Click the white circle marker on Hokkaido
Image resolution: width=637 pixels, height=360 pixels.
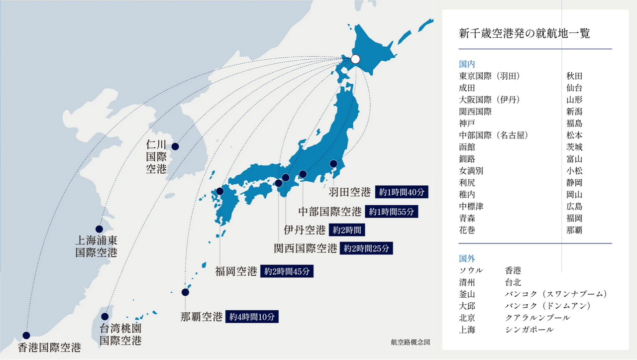pyautogui.click(x=355, y=59)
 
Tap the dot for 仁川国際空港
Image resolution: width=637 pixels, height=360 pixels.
pyautogui.click(x=175, y=146)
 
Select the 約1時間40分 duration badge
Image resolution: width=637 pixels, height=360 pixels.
pyautogui.click(x=402, y=192)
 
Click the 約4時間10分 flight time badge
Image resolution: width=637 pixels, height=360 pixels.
pyautogui.click(x=252, y=317)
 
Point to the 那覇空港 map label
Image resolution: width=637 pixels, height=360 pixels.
pyautogui.click(x=201, y=317)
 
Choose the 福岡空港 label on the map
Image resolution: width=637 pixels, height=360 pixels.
pyautogui.click(x=236, y=271)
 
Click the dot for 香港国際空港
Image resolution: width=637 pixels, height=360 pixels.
pyautogui.click(x=26, y=336)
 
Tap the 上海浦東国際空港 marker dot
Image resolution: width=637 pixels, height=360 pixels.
pyautogui.click(x=99, y=229)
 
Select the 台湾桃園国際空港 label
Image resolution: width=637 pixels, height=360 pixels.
pyautogui.click(x=120, y=335)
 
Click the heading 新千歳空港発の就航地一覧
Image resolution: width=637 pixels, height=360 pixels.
pyautogui.click(x=524, y=34)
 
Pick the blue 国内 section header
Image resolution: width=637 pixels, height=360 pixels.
pyautogui.click(x=467, y=64)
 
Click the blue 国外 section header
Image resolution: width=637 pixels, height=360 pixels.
pyautogui.click(x=467, y=258)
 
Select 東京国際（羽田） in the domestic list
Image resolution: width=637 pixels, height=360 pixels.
pyautogui.click(x=489, y=76)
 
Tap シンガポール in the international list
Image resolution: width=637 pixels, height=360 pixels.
pyautogui.click(x=529, y=330)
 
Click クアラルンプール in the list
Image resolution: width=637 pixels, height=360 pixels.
pyautogui.click(x=537, y=318)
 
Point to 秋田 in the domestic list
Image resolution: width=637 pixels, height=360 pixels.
pyautogui.click(x=574, y=76)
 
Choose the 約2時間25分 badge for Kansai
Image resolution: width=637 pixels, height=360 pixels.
pyautogui.click(x=366, y=248)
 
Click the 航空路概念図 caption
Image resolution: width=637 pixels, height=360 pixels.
pyautogui.click(x=410, y=343)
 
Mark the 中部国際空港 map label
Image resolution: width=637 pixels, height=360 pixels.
pyautogui.click(x=329, y=212)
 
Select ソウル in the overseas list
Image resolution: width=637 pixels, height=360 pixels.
pyautogui.click(x=471, y=270)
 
